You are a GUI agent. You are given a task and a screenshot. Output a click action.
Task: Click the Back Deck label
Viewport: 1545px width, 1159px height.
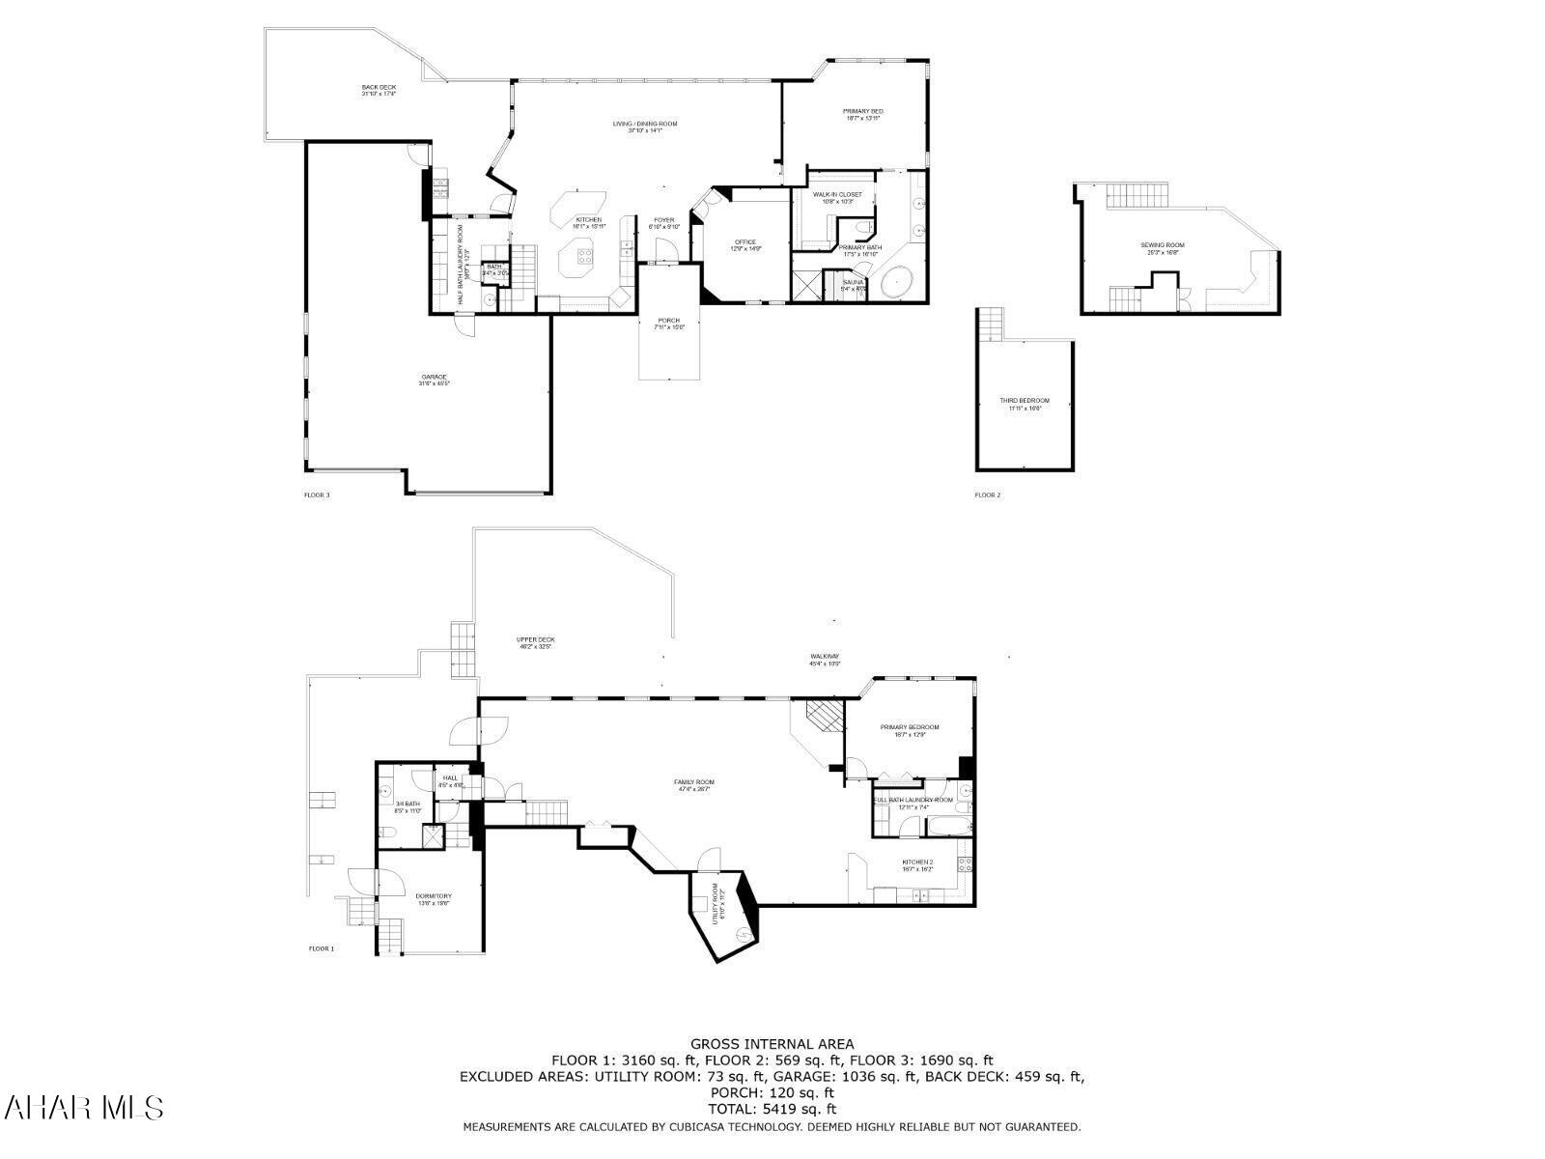click(379, 91)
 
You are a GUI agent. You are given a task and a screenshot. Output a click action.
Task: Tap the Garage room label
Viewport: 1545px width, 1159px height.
click(434, 380)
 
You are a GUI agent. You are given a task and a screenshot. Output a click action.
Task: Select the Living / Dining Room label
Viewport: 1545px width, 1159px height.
click(645, 127)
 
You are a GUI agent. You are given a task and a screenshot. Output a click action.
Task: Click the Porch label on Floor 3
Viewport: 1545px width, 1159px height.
click(668, 324)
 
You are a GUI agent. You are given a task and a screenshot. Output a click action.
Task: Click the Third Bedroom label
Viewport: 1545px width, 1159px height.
click(1025, 404)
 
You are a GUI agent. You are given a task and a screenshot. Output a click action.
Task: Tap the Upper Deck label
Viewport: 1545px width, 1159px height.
click(535, 642)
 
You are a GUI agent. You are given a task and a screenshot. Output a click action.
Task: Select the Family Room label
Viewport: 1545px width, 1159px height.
click(693, 785)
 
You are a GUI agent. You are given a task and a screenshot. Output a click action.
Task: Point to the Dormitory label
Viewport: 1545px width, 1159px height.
click(434, 899)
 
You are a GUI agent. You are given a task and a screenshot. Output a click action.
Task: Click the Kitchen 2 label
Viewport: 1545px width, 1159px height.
click(917, 865)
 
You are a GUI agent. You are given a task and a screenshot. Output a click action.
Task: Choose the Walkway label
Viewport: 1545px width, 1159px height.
click(825, 660)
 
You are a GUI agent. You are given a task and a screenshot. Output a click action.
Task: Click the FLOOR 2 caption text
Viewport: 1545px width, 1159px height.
click(987, 495)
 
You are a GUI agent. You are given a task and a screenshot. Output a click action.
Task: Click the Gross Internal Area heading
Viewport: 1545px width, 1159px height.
click(772, 1043)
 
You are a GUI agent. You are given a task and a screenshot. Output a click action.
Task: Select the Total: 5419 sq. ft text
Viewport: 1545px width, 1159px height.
click(772, 1109)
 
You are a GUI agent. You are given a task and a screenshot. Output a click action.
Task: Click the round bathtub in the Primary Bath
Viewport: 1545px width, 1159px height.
click(901, 281)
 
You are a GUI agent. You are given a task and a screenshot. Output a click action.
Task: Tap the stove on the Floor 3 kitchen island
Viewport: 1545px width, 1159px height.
click(585, 256)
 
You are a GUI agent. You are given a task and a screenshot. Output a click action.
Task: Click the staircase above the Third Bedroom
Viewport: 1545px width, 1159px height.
click(991, 325)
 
